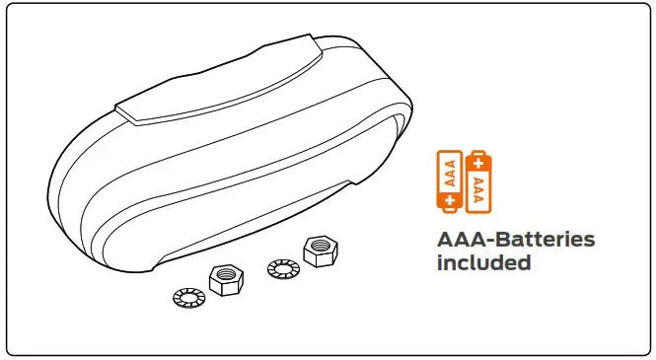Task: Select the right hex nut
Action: coord(319,252)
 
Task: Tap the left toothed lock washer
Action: coord(186,297)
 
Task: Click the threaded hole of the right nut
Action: coord(319,246)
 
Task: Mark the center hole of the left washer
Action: coord(186,297)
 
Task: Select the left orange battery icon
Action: coord(453,180)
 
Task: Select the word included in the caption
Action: coord(484,263)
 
